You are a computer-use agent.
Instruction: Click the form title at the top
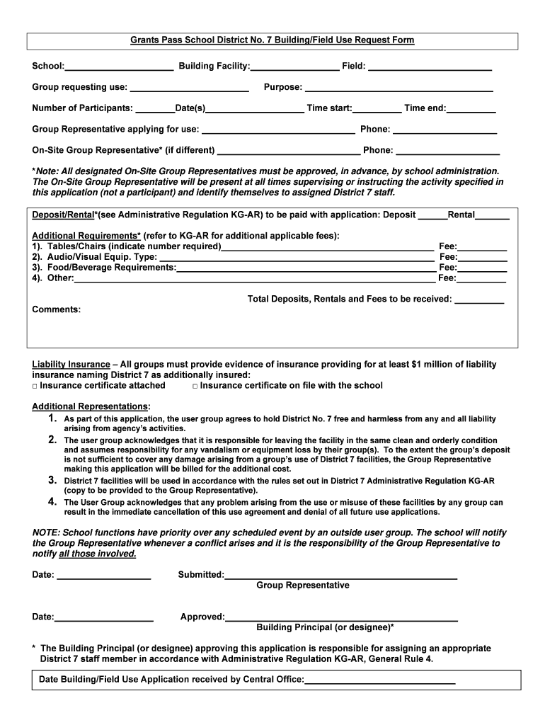coord(272,40)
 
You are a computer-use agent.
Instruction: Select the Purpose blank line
coord(398,89)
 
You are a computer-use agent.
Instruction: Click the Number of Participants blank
coord(155,109)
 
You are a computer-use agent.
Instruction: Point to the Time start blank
coord(377,109)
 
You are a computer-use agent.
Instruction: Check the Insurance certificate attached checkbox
coord(35,386)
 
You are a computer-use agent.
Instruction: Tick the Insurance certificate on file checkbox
coord(195,386)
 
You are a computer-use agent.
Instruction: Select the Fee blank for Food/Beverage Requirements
coord(482,268)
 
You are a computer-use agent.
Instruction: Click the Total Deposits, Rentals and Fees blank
coord(479,300)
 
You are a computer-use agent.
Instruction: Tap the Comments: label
coord(57,309)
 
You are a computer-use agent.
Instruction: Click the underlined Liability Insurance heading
coord(71,365)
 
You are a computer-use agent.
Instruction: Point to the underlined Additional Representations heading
coord(91,406)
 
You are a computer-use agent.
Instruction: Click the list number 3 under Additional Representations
coord(52,481)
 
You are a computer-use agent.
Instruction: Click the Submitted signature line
coord(340,576)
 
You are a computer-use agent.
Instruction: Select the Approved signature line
coord(341,617)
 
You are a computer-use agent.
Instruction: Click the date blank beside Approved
coord(103,617)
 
